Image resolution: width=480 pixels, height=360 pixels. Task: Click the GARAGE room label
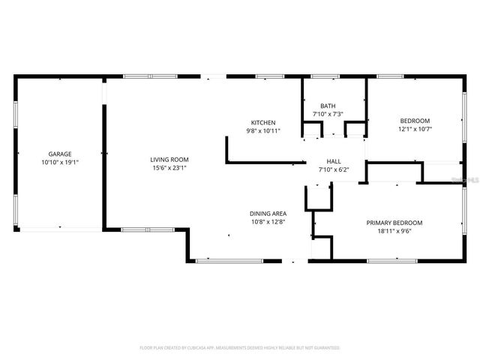tap(60, 154)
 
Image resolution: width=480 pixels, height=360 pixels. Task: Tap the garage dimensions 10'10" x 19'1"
tap(60, 162)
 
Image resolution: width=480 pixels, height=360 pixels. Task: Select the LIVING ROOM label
tap(169, 159)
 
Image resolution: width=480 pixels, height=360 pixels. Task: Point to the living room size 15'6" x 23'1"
tap(169, 168)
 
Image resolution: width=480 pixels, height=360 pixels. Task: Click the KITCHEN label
tap(263, 122)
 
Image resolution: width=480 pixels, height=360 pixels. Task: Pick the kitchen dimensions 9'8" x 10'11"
tap(263, 131)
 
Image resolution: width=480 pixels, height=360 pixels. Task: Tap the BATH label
tap(328, 106)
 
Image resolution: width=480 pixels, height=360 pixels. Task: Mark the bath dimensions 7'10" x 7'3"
tap(328, 114)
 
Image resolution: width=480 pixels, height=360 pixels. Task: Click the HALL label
tap(334, 161)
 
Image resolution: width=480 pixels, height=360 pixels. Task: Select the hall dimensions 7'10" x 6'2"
tap(334, 169)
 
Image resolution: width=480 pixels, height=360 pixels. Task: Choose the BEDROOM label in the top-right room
tap(415, 121)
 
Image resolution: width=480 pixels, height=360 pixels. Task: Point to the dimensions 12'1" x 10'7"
tap(415, 130)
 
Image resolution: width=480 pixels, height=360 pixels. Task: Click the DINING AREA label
tap(268, 214)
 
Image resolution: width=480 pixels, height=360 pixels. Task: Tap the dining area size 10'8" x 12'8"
tap(268, 222)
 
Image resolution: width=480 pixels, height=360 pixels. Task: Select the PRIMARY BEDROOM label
tap(394, 223)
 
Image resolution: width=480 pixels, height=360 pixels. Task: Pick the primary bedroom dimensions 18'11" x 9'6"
tap(394, 232)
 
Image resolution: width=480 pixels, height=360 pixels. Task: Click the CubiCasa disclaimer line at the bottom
tap(240, 348)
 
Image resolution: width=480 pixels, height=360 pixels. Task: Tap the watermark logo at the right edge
tap(469, 181)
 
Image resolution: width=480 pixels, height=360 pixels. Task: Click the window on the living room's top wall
tap(151, 76)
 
